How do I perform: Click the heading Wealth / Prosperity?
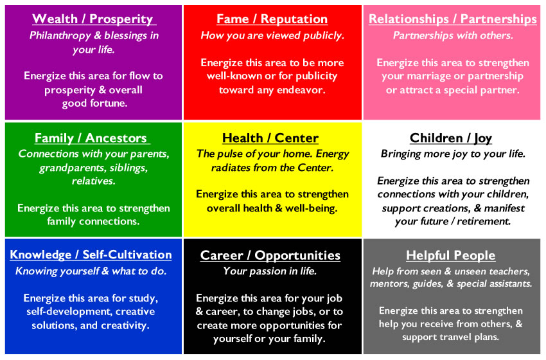92,19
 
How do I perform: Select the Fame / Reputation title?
272,19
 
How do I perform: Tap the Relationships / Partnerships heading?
453,19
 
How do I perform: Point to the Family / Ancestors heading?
91,138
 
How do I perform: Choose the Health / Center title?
270,138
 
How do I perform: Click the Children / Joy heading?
451,138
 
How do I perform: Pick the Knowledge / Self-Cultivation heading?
91,255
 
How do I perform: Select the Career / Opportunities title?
270,255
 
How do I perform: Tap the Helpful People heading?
450,255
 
